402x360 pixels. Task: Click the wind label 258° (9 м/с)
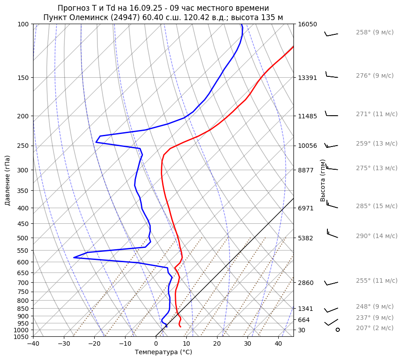(374, 33)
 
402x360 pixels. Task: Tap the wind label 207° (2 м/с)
(374, 328)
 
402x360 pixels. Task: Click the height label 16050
(307, 24)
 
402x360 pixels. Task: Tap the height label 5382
(306, 238)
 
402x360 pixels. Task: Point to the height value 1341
(306, 309)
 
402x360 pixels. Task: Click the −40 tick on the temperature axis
(33, 343)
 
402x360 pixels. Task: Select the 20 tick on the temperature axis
(217, 343)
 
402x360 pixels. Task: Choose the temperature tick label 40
(278, 343)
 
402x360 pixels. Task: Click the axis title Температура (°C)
(163, 352)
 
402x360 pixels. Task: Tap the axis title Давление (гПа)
(8, 180)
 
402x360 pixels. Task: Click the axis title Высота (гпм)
(323, 180)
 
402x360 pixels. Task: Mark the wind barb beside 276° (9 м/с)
(331, 75)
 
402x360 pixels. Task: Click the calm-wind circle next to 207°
(338, 330)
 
